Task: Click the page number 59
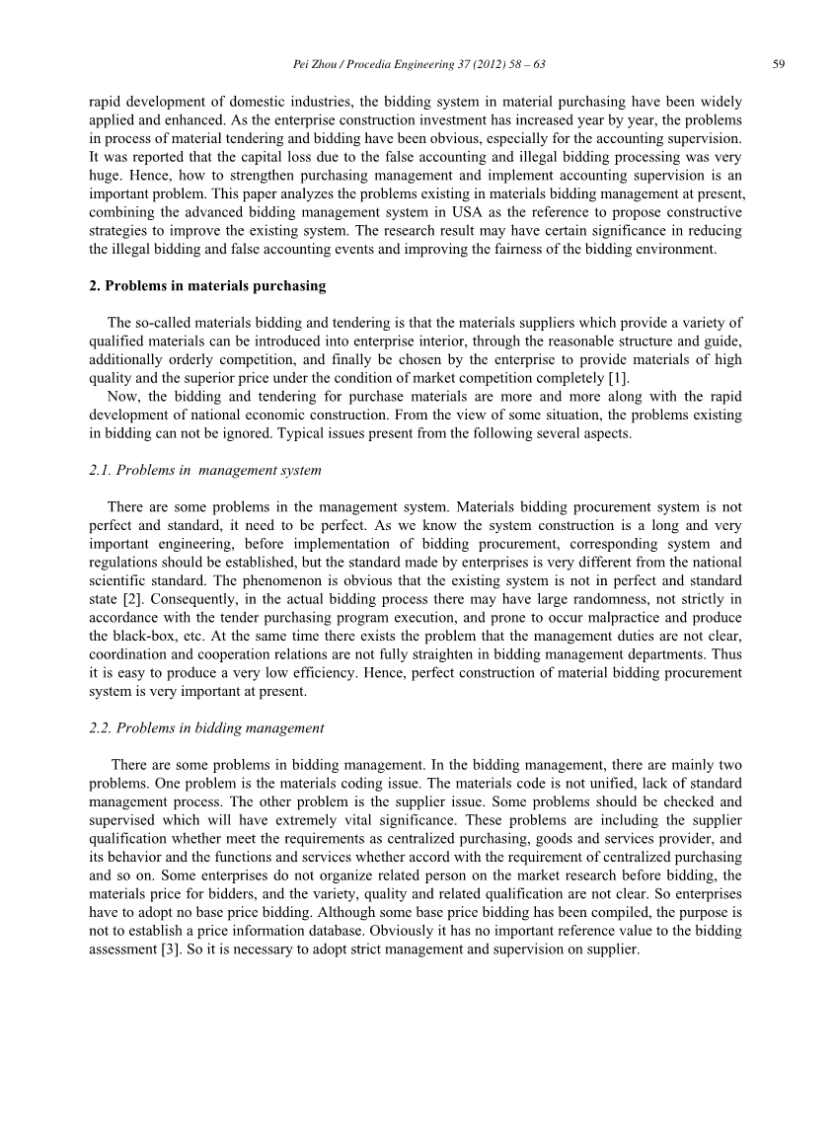coord(779,64)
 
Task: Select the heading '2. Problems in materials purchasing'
coord(207,286)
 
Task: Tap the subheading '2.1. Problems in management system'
coord(204,471)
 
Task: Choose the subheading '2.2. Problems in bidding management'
coord(206,728)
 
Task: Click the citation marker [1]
coord(616,378)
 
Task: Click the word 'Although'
coord(298,913)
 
